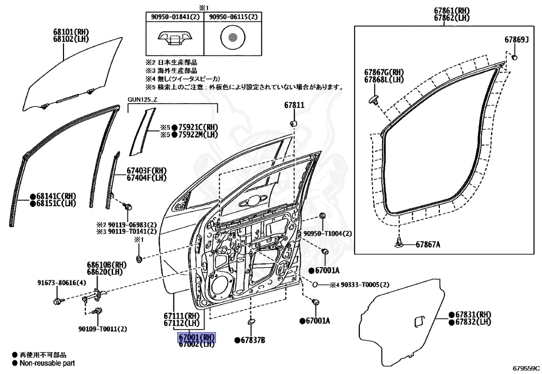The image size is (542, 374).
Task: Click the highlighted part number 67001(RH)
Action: (x=196, y=337)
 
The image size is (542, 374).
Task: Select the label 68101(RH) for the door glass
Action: (x=70, y=32)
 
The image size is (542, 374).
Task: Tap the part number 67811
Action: (x=294, y=105)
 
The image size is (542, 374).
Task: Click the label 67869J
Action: (x=516, y=40)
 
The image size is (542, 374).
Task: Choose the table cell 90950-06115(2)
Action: (x=233, y=17)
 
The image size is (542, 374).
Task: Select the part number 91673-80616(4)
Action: (x=61, y=282)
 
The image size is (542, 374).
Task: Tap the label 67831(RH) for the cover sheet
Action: (x=470, y=314)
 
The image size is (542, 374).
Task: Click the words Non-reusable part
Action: (x=47, y=363)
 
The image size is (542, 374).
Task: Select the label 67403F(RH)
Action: (x=146, y=170)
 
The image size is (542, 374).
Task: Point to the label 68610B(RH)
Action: (x=106, y=264)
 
